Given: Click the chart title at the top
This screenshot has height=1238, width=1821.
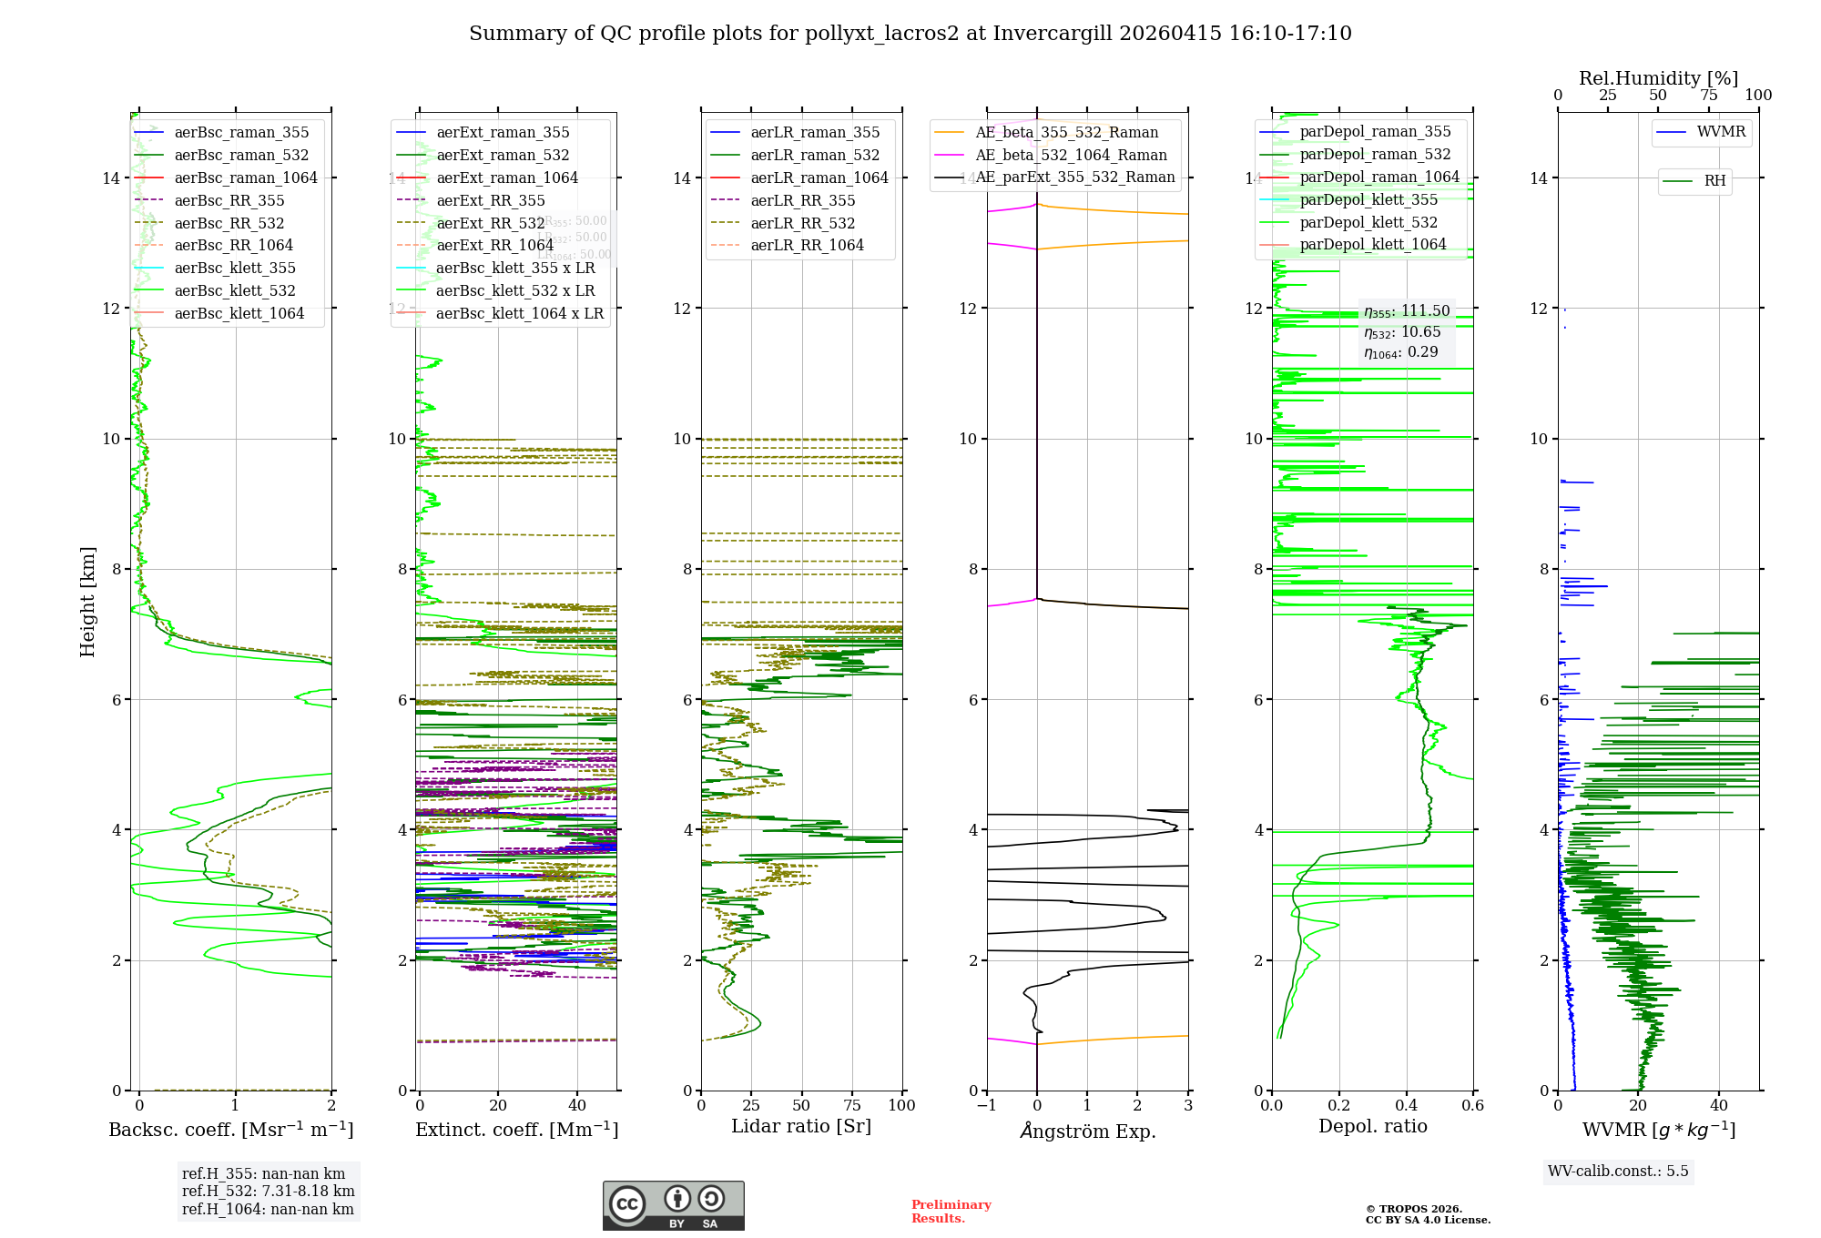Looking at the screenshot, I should click(x=910, y=34).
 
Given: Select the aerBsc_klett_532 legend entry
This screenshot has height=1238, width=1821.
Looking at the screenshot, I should click(x=235, y=291).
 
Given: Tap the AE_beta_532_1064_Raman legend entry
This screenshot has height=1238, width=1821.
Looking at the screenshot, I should click(x=1071, y=156).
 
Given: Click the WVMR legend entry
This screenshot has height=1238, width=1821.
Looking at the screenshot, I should click(x=1721, y=132).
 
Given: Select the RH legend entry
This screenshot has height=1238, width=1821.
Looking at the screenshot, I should click(x=1714, y=181).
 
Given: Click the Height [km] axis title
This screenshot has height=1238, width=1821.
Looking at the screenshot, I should click(x=87, y=602).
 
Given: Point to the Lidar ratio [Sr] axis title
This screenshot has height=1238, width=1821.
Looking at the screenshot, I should click(x=801, y=1127).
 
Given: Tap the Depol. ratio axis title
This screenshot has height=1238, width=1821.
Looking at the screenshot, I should click(x=1372, y=1127).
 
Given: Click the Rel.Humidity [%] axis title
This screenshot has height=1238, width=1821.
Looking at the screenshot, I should click(x=1658, y=78).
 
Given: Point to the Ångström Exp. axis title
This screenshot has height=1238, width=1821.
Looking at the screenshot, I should click(x=1087, y=1131).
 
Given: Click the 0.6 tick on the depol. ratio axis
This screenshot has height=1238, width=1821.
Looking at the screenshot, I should click(x=1472, y=1106).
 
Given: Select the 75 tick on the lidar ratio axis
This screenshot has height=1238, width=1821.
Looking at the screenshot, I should click(x=852, y=1106).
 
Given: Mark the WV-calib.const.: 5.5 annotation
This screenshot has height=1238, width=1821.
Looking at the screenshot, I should click(x=1618, y=1172).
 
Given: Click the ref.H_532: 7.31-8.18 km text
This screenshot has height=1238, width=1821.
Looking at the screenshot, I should click(x=268, y=1192).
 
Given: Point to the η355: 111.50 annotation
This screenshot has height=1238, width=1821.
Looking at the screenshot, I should click(x=1407, y=311).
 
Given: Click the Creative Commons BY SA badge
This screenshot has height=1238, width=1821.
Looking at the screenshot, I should click(x=673, y=1206).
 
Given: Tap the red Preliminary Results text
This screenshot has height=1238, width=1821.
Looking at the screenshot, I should click(x=951, y=1212).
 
